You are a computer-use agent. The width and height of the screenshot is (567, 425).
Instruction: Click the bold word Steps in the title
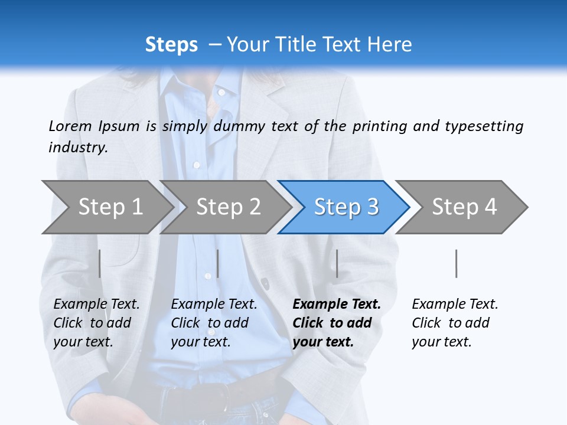tap(171, 45)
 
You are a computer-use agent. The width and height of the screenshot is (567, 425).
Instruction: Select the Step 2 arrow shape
tap(228, 207)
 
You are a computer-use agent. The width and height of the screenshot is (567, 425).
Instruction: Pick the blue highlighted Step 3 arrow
tap(346, 207)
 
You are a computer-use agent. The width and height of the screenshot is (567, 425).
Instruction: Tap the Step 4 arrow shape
tap(464, 207)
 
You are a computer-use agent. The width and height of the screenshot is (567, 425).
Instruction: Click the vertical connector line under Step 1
tap(100, 263)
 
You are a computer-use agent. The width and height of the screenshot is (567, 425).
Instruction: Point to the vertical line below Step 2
tap(218, 263)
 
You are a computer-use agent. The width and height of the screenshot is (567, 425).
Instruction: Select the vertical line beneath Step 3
tap(337, 263)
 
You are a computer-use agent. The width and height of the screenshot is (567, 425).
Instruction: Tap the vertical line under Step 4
tap(457, 263)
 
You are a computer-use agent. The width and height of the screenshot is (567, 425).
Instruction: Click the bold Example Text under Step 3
tap(337, 323)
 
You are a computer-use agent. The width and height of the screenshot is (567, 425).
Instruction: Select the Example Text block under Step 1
tap(96, 323)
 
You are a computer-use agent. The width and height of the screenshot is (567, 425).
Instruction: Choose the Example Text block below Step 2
tap(214, 323)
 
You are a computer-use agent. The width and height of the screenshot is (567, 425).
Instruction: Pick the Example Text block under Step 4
tap(455, 323)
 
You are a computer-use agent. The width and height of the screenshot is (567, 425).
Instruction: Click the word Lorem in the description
tap(70, 126)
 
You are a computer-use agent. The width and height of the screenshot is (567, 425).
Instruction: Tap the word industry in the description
tap(77, 147)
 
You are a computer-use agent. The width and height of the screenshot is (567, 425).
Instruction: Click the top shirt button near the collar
tap(221, 92)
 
